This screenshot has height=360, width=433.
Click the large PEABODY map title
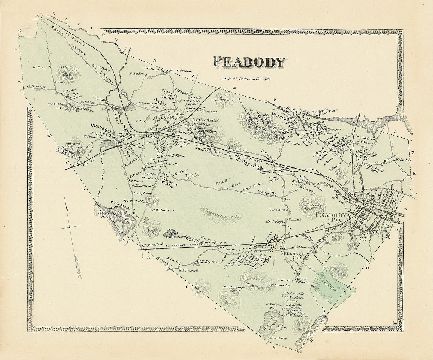tap(249, 62)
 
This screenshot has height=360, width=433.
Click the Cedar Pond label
tap(171, 234)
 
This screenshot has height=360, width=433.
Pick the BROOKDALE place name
tap(103, 126)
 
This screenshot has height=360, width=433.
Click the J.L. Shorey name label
tap(279, 338)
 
